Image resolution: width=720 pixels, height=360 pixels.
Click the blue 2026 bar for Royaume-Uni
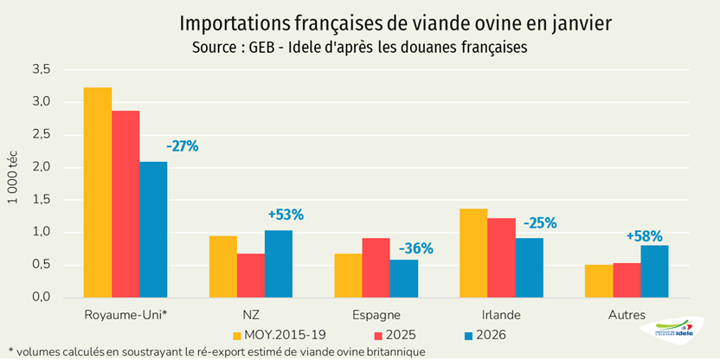[x=153, y=229]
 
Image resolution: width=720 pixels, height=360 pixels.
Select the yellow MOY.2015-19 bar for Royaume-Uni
[x=98, y=192]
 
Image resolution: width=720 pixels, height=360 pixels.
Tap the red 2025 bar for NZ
[x=251, y=275]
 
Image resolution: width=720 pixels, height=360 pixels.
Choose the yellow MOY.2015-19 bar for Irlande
[x=473, y=253]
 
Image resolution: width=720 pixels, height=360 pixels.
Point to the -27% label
[x=183, y=146]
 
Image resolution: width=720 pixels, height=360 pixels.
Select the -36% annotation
[x=415, y=249]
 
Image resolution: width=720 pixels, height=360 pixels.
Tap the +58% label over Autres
[x=645, y=236]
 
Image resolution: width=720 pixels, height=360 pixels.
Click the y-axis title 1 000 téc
[x=12, y=183]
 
